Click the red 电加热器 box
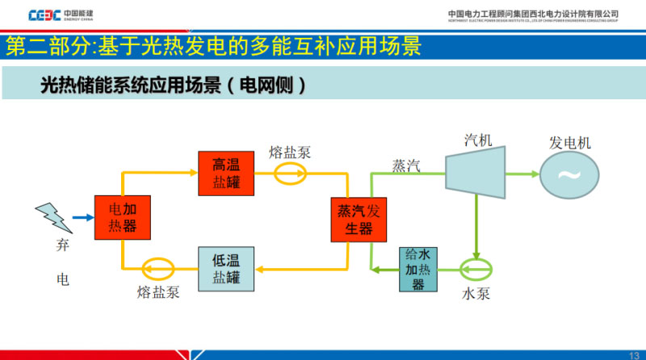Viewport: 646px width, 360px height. coord(124,216)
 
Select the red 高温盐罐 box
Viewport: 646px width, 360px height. coord(226,173)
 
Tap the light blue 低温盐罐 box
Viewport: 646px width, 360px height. coord(226,270)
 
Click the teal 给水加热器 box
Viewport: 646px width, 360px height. coord(417,269)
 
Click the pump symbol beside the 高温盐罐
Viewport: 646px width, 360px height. coord(290,172)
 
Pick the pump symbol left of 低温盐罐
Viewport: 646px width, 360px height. coord(157,268)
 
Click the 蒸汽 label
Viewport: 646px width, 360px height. coord(406,165)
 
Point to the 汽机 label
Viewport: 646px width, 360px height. coord(478,140)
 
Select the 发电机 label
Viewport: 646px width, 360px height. coord(570,143)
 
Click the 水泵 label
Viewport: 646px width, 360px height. coord(476,293)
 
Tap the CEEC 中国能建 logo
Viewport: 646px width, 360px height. coord(61,14)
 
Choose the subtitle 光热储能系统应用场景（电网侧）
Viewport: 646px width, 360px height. coord(174,85)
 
